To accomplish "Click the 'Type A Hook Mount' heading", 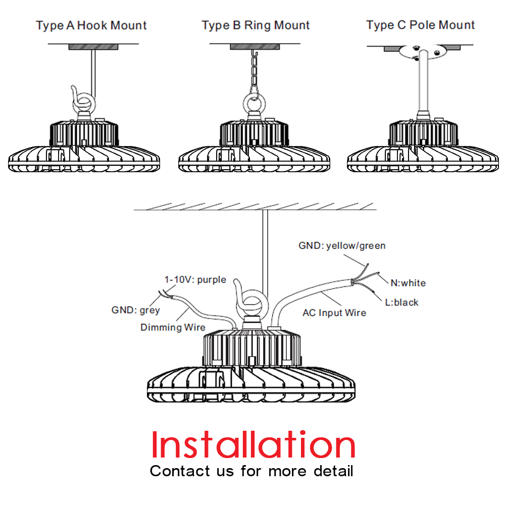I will click(x=91, y=25).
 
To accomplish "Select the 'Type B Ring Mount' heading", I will click(x=256, y=25).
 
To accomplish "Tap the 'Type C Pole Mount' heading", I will click(x=421, y=25).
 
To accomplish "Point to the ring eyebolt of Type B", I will click(x=256, y=99).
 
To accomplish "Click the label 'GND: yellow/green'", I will click(x=342, y=246).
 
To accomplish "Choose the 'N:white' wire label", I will click(x=408, y=283).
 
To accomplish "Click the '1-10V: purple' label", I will click(x=195, y=280).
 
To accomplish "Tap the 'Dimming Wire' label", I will click(x=173, y=327).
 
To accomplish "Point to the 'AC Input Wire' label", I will click(x=334, y=313).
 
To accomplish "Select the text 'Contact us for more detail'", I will click(x=251, y=471).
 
